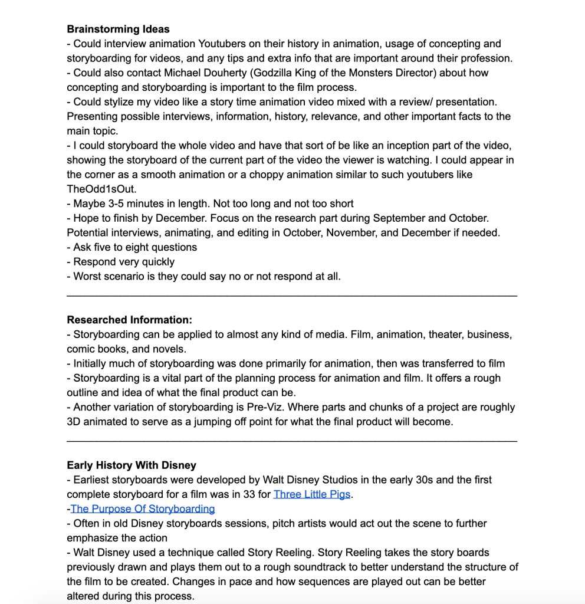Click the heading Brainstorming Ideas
pyautogui.click(x=118, y=29)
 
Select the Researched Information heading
pyautogui.click(x=129, y=320)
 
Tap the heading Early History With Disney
pyautogui.click(x=132, y=465)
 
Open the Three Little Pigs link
pyautogui.click(x=312, y=494)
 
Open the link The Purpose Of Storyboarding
pyautogui.click(x=143, y=509)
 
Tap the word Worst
pyautogui.click(x=87, y=276)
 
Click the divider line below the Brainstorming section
pyautogui.click(x=292, y=294)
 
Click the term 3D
pyautogui.click(x=74, y=422)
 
